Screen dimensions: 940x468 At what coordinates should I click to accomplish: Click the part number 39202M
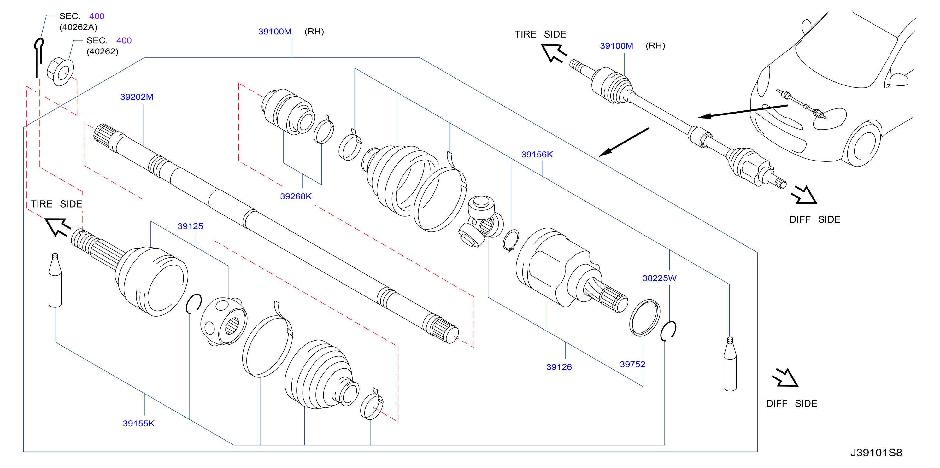(137, 97)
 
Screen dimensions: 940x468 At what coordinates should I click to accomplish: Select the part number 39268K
(296, 196)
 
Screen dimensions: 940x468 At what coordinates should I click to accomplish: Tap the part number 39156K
(537, 154)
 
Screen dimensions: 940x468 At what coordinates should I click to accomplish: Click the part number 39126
(559, 367)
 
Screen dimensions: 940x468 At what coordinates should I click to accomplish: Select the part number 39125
(190, 226)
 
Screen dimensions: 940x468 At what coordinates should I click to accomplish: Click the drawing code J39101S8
(876, 453)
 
